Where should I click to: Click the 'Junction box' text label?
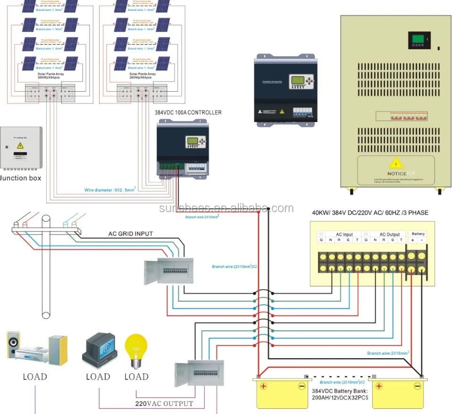click(x=21, y=178)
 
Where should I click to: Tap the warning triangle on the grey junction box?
click(x=20, y=146)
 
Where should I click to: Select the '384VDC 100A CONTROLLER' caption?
click(x=188, y=112)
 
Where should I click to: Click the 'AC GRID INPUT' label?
click(x=131, y=234)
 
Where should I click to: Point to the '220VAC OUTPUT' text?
click(x=164, y=403)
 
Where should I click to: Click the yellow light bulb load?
click(x=136, y=350)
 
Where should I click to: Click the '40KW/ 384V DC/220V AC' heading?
click(x=370, y=213)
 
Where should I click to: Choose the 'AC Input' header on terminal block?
click(x=344, y=234)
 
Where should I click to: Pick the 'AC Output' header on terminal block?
click(x=389, y=234)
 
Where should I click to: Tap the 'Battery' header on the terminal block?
click(x=418, y=234)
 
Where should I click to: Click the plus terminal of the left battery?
click(x=263, y=386)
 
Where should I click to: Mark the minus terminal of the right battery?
click(x=417, y=386)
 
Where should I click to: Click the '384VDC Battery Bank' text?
click(x=339, y=391)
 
